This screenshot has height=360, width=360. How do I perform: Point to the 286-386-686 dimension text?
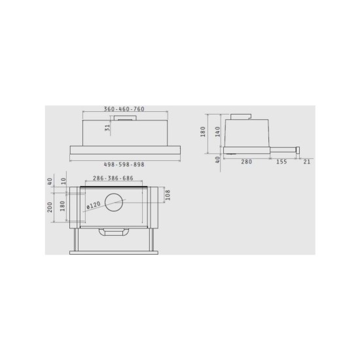(118, 178)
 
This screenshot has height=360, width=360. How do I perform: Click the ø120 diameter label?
(94, 206)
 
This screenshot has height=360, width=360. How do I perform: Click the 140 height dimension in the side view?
(217, 131)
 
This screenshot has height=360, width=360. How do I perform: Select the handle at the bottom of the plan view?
(114, 232)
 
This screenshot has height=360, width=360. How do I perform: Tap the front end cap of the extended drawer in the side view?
(298, 151)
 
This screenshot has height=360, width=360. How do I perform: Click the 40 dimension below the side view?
(217, 160)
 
